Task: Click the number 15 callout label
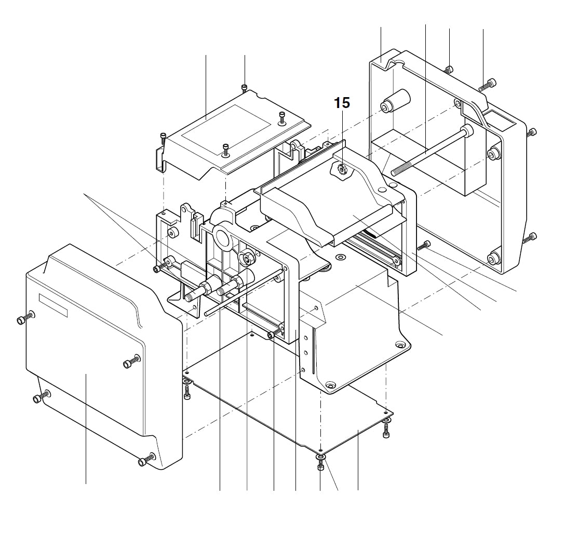click(342, 103)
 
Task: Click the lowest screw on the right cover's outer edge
click(531, 238)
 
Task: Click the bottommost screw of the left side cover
click(145, 460)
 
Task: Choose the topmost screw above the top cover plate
click(245, 87)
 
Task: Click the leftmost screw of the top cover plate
click(164, 138)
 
